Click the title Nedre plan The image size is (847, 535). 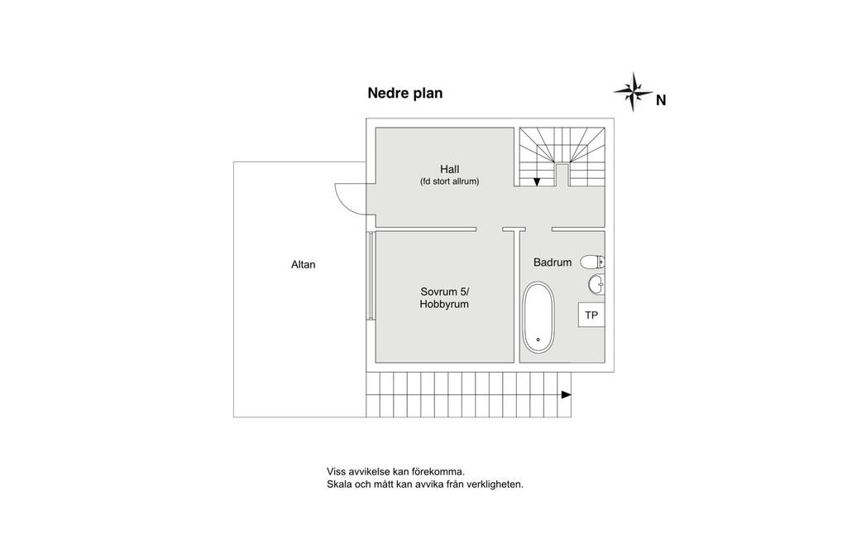pos(405,93)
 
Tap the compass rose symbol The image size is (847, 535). pos(633,91)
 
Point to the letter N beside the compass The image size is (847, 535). pos(661,100)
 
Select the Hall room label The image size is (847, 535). pos(449,169)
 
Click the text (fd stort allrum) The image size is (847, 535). pos(449,181)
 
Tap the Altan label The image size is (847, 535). pos(303,264)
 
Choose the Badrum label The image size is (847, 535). pos(552,263)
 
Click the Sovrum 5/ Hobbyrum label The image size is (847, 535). pos(444,298)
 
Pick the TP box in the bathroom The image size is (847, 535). pos(591,315)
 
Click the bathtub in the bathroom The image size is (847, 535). pos(538,317)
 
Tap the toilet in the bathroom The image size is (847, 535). pos(592,263)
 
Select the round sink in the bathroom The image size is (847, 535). pos(596,284)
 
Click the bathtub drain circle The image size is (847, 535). pos(538,340)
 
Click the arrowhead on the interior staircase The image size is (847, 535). pos(537,181)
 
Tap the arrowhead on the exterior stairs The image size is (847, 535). pos(566,395)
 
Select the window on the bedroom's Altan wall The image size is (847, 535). pos(371,275)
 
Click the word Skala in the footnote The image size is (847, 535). pos(338,484)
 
